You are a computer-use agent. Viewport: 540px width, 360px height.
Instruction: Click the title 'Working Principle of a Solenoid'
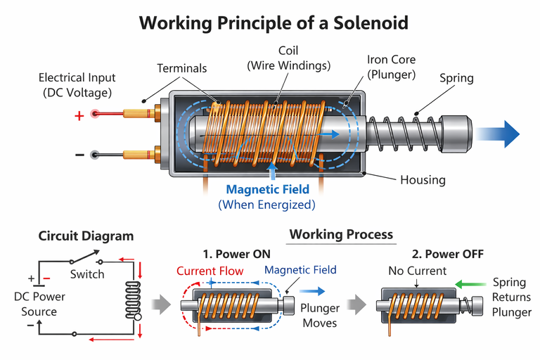pyautogui.click(x=274, y=22)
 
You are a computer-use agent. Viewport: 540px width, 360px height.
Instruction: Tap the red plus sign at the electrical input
pyautogui.click(x=79, y=115)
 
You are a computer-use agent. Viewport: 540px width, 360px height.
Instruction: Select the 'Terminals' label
pyautogui.click(x=182, y=68)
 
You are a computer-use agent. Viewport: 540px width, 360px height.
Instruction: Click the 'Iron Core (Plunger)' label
pyautogui.click(x=392, y=67)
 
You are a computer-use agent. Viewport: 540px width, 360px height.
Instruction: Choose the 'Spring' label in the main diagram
pyautogui.click(x=457, y=79)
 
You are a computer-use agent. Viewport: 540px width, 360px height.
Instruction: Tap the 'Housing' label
pyautogui.click(x=423, y=179)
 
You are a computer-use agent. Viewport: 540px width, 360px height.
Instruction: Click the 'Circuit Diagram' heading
pyautogui.click(x=86, y=236)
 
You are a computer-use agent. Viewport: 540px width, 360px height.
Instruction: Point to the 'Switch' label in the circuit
pyautogui.click(x=87, y=274)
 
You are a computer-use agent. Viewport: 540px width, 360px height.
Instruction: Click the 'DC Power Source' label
pyautogui.click(x=40, y=303)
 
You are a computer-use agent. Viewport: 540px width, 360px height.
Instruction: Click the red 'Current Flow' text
pyautogui.click(x=210, y=271)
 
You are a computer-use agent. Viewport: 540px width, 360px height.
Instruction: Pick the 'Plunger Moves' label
pyautogui.click(x=320, y=316)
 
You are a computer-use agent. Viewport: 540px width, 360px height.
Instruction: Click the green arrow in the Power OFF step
pyautogui.click(x=471, y=285)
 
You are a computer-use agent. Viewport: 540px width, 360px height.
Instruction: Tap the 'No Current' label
pyautogui.click(x=417, y=271)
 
